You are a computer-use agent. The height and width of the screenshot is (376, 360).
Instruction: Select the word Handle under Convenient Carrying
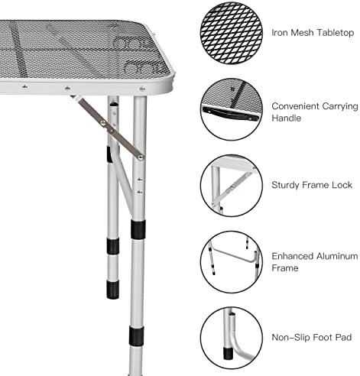286,118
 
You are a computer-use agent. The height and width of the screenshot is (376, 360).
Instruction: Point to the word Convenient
295,106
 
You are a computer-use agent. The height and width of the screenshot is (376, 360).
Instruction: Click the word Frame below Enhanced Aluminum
285,267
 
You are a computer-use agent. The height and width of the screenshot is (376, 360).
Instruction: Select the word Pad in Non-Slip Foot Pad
344,337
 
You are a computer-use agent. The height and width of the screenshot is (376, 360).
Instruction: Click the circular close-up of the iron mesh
232,33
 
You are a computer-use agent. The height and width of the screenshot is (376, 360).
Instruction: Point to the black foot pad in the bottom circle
228,353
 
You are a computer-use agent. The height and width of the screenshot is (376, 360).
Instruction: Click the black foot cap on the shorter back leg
112,290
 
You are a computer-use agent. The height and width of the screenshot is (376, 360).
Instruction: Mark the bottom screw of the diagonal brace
140,157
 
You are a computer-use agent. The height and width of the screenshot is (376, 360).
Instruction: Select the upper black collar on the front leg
138,229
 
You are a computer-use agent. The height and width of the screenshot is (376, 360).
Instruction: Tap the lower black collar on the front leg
136,336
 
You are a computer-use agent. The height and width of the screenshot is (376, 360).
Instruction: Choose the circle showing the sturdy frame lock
232,186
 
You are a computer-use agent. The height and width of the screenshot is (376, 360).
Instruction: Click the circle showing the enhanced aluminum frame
232,262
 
